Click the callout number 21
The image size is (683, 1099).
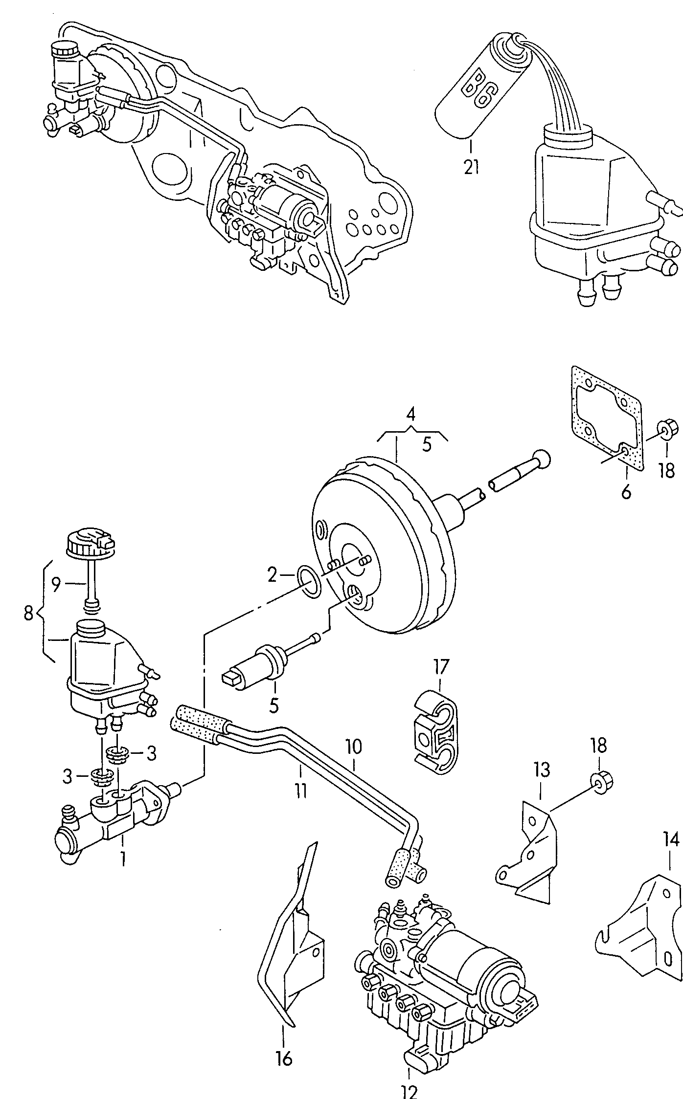[x=471, y=167]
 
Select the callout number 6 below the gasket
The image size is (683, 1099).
[x=626, y=491]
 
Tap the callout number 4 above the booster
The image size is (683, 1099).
[x=411, y=415]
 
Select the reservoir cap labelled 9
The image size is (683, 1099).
[x=90, y=541]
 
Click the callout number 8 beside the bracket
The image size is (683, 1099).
[x=28, y=613]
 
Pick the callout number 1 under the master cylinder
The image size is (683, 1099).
[x=123, y=858]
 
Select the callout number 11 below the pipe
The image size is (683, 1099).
[x=300, y=790]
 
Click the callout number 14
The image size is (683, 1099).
[x=671, y=840]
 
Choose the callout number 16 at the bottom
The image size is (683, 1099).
[x=284, y=1058]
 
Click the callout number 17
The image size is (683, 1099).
[x=440, y=666]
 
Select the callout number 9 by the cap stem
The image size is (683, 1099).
[x=56, y=584]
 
